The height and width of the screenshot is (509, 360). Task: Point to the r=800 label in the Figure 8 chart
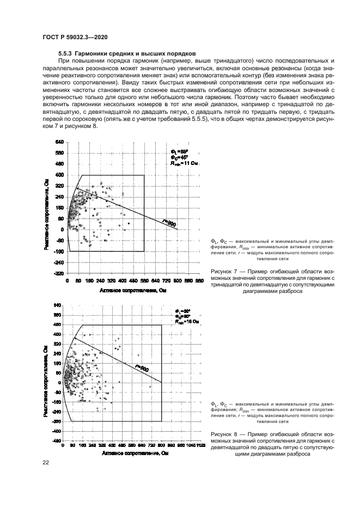point(141,368)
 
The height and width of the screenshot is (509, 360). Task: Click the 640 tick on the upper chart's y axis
point(60,142)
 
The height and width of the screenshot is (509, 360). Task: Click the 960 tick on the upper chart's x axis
point(199,281)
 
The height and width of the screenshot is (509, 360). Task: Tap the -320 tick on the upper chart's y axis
point(58,273)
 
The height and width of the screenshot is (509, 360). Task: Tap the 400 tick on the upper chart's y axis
point(60,175)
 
